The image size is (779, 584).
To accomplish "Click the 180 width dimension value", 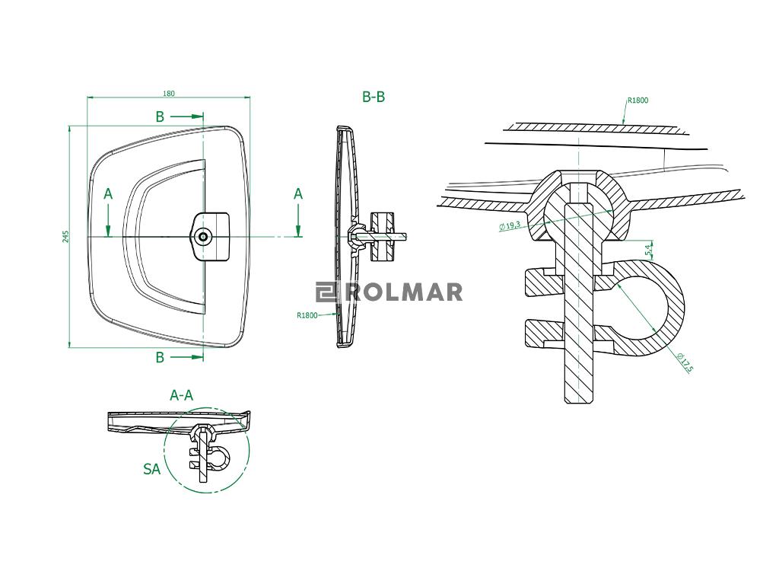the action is point(169,94).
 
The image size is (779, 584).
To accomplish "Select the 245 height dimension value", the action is point(66,236).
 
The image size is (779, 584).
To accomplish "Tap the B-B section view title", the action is point(374,97).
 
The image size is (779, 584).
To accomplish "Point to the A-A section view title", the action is point(181,395).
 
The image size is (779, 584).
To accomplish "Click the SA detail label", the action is point(151,469).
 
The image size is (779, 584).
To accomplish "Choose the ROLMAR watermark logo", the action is point(389,292).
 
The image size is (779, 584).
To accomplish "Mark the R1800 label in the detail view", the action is point(638,101).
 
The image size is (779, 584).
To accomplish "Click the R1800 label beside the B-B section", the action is point(307,315).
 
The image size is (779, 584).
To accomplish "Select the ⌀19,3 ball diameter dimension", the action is point(509,226).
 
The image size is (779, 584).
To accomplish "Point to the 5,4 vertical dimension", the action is point(648,249).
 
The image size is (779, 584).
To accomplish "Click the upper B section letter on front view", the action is point(160,116).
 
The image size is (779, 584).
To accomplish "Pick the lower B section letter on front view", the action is point(160,357).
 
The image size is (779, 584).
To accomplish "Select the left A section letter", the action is point(108,194).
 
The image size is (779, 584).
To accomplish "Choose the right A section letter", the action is point(298,194).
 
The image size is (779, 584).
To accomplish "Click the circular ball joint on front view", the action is point(202,237).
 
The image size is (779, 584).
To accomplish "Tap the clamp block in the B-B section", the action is point(383,237).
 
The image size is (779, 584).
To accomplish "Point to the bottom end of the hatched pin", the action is point(579,403).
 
